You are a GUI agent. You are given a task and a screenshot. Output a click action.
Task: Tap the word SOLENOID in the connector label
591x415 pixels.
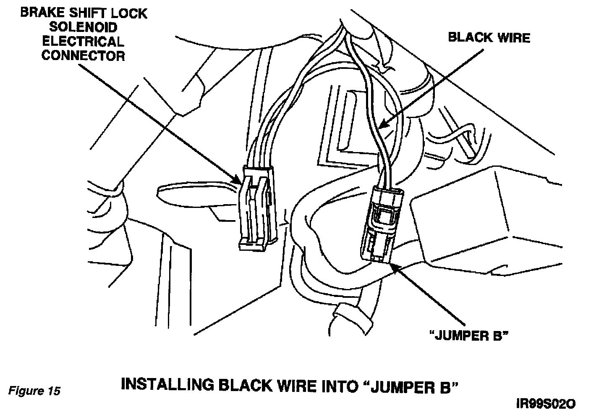point(83,27)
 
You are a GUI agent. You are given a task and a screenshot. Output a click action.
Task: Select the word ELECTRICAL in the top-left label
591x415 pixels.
point(83,42)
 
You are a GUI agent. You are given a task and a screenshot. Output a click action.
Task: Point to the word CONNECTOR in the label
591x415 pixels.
point(83,55)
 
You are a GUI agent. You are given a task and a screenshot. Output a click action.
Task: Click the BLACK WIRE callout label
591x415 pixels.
point(489,38)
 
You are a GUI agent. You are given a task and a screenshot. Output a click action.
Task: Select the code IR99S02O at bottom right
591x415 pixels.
point(546,404)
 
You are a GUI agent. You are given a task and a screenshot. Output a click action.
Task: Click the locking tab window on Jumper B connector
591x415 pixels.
point(385,217)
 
